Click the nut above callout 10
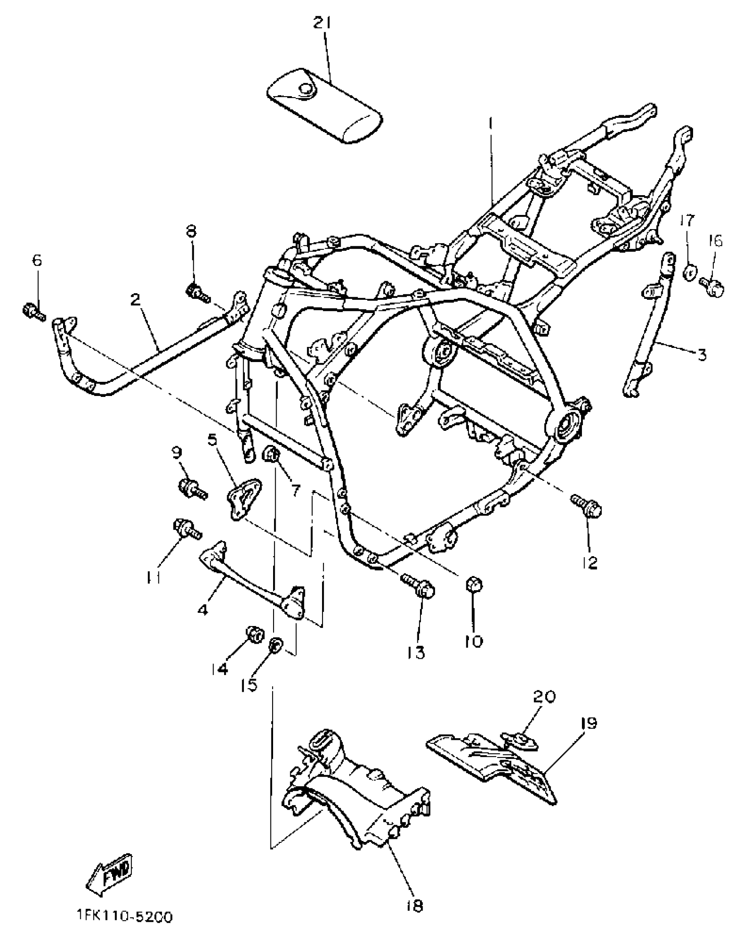pyautogui.click(x=474, y=585)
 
